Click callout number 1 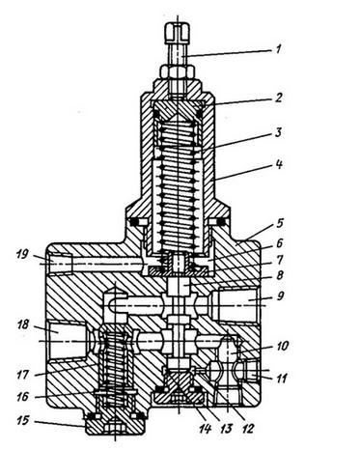point(279,49)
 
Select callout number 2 point(279,98)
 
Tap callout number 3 point(279,132)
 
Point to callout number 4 point(279,164)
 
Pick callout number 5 point(280,223)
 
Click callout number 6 point(279,243)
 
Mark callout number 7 point(280,259)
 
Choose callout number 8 point(279,275)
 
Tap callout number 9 point(280,295)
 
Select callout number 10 point(282,347)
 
